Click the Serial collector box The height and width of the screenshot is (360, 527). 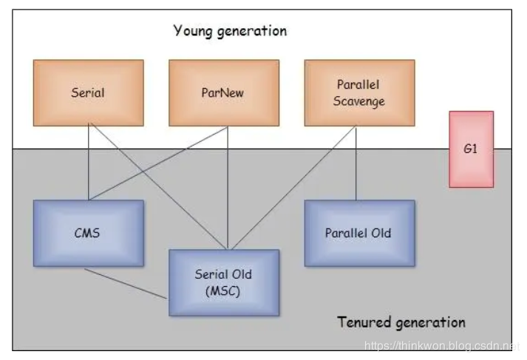click(88, 93)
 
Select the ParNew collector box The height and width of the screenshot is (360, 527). click(224, 93)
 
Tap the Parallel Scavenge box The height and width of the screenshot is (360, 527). click(358, 93)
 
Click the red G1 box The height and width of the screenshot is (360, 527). click(471, 149)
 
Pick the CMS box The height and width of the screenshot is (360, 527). click(88, 233)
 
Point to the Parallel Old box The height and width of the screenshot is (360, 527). click(358, 233)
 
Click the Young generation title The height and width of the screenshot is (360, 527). click(230, 31)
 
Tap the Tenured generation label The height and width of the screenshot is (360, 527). click(401, 322)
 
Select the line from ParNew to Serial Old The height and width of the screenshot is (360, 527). click(227, 189)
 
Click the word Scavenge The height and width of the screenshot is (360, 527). click(358, 101)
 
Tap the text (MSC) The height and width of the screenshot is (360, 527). click(224, 291)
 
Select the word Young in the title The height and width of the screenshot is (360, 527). click(194, 31)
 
